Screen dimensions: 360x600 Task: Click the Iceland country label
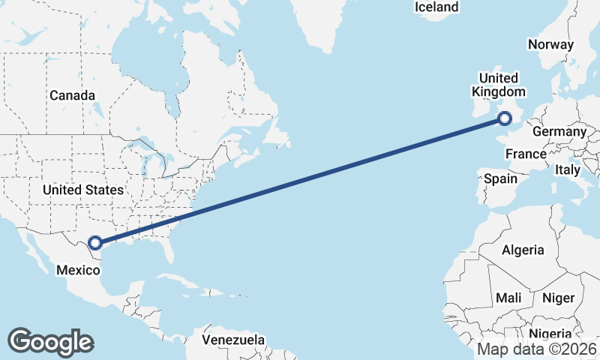436,7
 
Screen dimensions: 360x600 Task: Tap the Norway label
550,44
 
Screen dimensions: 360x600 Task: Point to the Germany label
559,132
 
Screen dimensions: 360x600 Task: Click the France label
525,154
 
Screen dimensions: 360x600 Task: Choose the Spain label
500,178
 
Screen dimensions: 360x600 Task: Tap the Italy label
568,170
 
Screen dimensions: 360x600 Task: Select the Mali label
508,298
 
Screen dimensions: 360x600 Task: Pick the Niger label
558,298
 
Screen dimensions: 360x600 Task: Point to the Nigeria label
550,333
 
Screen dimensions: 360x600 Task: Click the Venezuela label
233,340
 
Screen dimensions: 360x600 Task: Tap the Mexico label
78,269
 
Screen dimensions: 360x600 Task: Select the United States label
82,190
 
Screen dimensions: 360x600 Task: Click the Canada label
72,96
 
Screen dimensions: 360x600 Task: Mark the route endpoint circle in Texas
95,242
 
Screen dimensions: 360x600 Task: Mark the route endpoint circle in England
505,118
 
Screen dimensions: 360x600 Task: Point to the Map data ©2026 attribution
537,349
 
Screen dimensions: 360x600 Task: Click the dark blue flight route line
300,180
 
